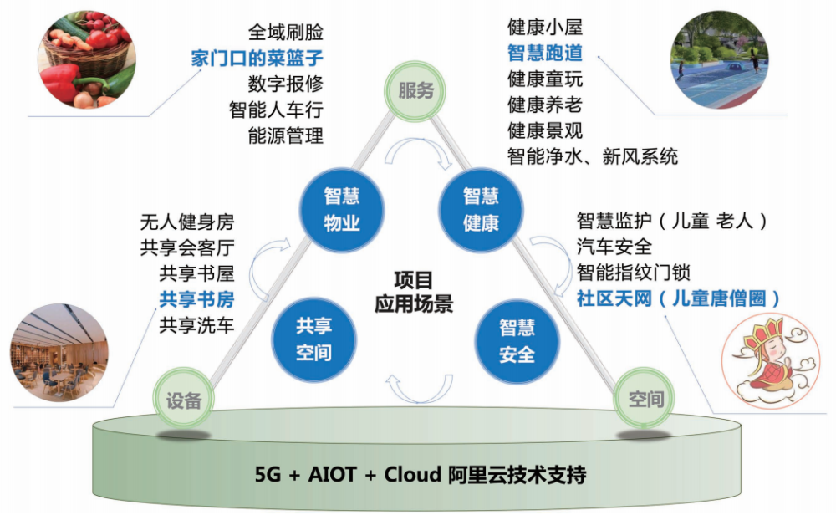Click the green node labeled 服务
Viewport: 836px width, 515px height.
click(415, 90)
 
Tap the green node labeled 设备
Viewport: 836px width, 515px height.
click(184, 400)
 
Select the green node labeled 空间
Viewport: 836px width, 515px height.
click(644, 398)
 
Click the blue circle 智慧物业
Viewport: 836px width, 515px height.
click(342, 210)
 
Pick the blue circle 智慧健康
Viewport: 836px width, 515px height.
click(481, 210)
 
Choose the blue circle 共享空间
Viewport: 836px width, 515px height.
click(314, 339)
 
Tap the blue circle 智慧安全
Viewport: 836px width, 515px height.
click(517, 341)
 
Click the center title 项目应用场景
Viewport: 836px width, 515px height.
click(414, 292)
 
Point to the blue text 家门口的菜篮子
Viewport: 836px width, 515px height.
click(257, 59)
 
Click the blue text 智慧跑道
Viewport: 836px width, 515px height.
click(545, 53)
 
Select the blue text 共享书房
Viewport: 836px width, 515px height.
click(196, 299)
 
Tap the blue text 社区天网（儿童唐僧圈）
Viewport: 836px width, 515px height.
click(678, 298)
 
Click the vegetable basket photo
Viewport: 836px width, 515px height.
click(87, 59)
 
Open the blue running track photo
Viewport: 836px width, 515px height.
click(720, 59)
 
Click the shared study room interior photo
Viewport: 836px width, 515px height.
click(59, 353)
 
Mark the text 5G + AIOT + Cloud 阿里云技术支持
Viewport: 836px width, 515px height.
click(421, 474)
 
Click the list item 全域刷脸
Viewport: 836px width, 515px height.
click(286, 32)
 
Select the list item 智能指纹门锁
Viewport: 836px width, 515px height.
click(634, 273)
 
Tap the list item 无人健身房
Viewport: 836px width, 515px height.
click(187, 222)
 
